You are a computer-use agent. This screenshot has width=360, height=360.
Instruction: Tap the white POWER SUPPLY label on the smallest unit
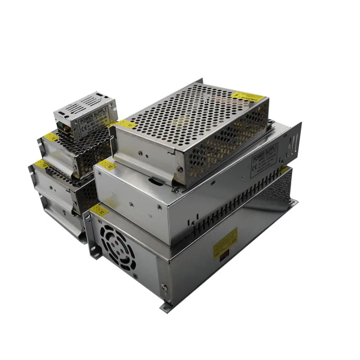(94, 120)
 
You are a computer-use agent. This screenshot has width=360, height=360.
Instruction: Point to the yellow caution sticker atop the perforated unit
(246, 96)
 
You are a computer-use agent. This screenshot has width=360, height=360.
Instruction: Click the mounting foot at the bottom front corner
(166, 306)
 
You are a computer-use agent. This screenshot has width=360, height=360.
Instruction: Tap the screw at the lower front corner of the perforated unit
(179, 170)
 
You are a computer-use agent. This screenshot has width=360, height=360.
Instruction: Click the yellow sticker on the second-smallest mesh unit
(51, 137)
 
